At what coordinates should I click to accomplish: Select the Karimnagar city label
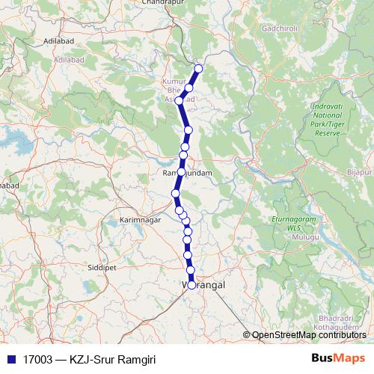pyautogui.click(x=140, y=221)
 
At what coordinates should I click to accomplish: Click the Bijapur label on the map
pyautogui.click(x=358, y=173)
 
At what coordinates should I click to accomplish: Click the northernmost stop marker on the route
pyautogui.click(x=198, y=69)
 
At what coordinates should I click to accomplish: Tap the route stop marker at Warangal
pyautogui.click(x=192, y=285)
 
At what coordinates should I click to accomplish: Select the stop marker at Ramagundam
pyautogui.click(x=180, y=173)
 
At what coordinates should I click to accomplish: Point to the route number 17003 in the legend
pyautogui.click(x=37, y=360)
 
